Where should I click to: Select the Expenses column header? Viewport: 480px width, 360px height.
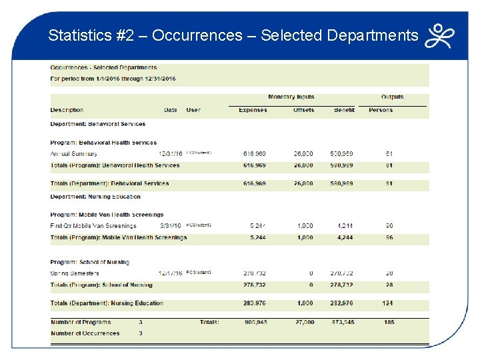point(253,110)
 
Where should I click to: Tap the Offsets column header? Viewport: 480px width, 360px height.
point(303,110)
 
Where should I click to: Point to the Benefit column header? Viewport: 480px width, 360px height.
point(344,110)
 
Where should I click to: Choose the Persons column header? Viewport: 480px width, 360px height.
point(381,110)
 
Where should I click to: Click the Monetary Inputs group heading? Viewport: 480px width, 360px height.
point(291,97)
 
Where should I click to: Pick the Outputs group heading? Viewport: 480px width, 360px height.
point(392,97)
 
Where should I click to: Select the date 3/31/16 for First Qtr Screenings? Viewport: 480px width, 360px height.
point(171,226)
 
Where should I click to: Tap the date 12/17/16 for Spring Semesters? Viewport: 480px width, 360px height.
point(169,273)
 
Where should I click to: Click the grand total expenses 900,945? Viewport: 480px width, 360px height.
point(254,323)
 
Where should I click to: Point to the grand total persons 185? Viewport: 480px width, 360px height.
point(389,323)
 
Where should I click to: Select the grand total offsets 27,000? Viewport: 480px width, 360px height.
point(303,323)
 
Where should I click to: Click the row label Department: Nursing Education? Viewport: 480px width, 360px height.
point(95,197)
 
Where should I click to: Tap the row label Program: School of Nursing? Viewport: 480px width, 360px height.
point(89,262)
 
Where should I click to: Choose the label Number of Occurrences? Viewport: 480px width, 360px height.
point(85,333)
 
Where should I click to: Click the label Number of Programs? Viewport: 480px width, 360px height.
point(81,323)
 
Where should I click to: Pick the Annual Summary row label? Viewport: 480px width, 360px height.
point(73,154)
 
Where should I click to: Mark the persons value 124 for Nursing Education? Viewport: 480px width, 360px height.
point(388,303)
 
